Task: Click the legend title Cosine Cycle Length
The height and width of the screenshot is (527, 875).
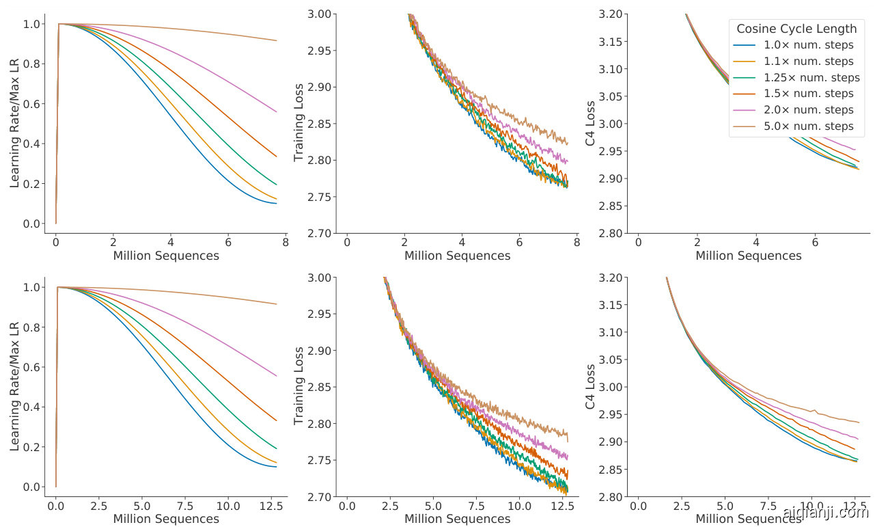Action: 796,29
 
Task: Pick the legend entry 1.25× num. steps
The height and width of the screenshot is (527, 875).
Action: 811,77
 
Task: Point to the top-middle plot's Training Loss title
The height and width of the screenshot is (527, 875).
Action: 298,124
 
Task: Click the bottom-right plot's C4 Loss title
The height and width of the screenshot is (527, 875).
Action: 590,387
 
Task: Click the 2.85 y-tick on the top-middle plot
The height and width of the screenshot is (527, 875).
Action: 320,124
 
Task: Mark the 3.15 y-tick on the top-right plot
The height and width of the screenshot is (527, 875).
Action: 611,42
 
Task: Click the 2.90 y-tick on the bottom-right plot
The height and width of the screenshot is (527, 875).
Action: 611,442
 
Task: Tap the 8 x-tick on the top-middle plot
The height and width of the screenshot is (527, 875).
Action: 577,243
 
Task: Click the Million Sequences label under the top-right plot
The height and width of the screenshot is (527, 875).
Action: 748,256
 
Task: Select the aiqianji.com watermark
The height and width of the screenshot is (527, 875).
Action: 825,513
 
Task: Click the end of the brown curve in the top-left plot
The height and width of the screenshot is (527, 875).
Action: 277,40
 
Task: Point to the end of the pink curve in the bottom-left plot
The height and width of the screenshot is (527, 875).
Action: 277,375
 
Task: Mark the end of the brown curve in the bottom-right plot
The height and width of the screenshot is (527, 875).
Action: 859,422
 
